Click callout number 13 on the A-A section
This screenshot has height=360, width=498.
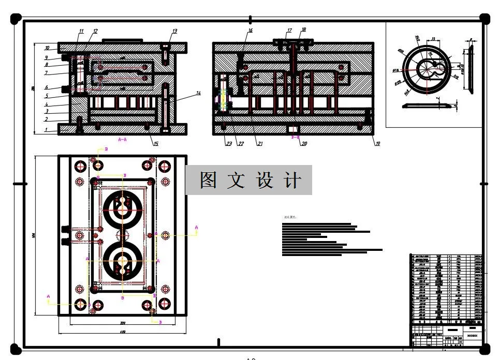coord(174,32)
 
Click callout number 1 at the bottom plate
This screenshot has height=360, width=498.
coord(47,130)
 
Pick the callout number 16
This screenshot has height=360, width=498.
coord(250,31)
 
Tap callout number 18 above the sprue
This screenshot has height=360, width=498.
coord(303,30)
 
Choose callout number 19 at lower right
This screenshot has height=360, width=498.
coord(377,144)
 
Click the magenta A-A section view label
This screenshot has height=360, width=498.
coord(123,140)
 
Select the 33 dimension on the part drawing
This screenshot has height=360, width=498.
coord(433,39)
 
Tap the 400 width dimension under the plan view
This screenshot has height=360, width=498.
coord(123,332)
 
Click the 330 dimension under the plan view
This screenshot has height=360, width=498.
coord(123,323)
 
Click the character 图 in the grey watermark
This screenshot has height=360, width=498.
coord(208,181)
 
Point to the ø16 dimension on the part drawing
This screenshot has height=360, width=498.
coord(395,70)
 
